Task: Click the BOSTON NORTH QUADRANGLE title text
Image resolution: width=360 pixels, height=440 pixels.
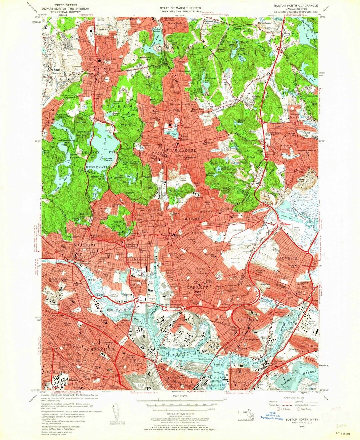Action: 296,6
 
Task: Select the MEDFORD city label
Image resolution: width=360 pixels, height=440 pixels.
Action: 85,245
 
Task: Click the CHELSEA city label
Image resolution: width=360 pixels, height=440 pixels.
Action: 248,320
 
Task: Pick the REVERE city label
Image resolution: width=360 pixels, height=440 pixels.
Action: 287,258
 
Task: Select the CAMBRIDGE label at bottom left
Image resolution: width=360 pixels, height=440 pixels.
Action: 59,372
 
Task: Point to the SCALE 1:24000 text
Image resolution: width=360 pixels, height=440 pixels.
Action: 180,396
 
